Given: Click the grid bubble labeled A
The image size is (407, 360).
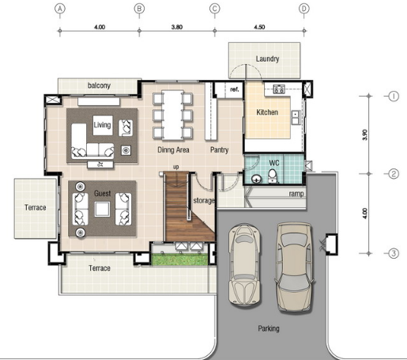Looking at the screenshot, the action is tap(60, 9).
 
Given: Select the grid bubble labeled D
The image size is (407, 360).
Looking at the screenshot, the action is tap(304, 9).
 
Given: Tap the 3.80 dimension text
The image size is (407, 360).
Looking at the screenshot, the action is tap(177, 27).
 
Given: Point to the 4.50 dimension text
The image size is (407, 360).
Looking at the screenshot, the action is tap(259, 27).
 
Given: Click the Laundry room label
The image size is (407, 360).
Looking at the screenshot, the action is tap(267, 59).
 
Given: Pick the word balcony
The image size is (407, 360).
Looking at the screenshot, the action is tap(99, 85).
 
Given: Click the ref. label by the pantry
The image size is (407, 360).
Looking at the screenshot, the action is tap(235, 89).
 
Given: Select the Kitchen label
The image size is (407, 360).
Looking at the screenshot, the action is tap(267, 112).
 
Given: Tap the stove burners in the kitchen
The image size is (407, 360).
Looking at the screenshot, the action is tap(278, 89).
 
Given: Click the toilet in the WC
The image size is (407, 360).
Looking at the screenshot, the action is tap(273, 176).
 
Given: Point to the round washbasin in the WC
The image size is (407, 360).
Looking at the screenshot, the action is tap(256, 179).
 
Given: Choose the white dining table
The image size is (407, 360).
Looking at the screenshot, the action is tap(172, 115).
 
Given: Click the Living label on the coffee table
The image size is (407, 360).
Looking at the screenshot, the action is tap(102, 125).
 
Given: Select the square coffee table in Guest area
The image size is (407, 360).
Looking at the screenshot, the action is tap(103, 209).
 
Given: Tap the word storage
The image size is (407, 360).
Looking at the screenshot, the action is tap(204, 201).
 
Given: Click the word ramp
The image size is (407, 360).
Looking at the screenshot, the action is tap(296, 194).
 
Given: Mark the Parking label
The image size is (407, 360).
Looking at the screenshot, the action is tap(269, 328).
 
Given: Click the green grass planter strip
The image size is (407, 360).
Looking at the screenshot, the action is tap(180, 260).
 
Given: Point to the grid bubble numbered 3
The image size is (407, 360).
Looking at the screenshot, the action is tap(394, 253).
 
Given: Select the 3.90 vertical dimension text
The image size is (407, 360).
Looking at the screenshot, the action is tap(365, 135).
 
